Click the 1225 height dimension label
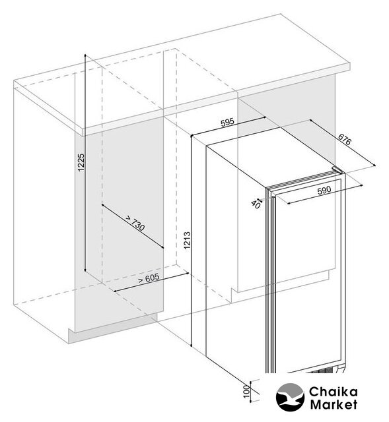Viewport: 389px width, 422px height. coord(81,162)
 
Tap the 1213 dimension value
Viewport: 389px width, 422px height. coord(187,240)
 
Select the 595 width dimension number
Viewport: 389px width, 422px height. coord(228,123)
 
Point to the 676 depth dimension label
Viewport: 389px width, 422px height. coord(345,139)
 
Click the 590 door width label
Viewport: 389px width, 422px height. coord(324,191)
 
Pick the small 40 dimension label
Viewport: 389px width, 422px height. coord(256,204)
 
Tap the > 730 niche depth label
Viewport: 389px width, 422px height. coord(135,224)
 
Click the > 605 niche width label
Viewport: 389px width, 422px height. coord(149,278)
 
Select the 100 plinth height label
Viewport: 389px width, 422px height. coord(246,391)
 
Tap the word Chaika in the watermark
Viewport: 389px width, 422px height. coord(334,392)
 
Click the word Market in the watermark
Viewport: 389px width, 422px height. coord(334,404)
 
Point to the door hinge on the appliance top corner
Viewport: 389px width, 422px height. coord(337,170)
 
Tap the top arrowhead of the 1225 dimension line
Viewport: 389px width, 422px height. coord(85,55)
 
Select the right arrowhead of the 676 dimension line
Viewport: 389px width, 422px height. coord(374,166)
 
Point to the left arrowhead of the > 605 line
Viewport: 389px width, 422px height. coord(115,291)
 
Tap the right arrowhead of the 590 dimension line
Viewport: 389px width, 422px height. coord(362,185)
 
